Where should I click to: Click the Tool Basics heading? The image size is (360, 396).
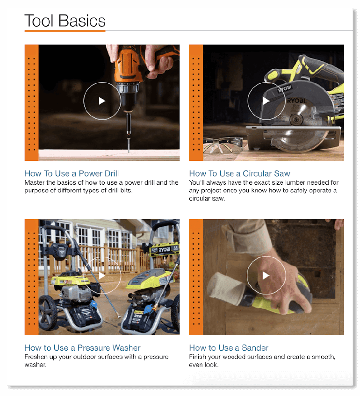65,21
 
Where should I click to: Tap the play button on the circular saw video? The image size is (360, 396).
265,101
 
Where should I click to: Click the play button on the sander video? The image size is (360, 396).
266,276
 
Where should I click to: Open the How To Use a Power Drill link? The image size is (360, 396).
72,174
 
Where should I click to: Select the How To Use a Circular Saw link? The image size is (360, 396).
239,174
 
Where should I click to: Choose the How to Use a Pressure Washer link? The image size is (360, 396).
82,348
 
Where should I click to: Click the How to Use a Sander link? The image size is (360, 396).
229,348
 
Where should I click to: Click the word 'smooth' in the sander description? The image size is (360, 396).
321,357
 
